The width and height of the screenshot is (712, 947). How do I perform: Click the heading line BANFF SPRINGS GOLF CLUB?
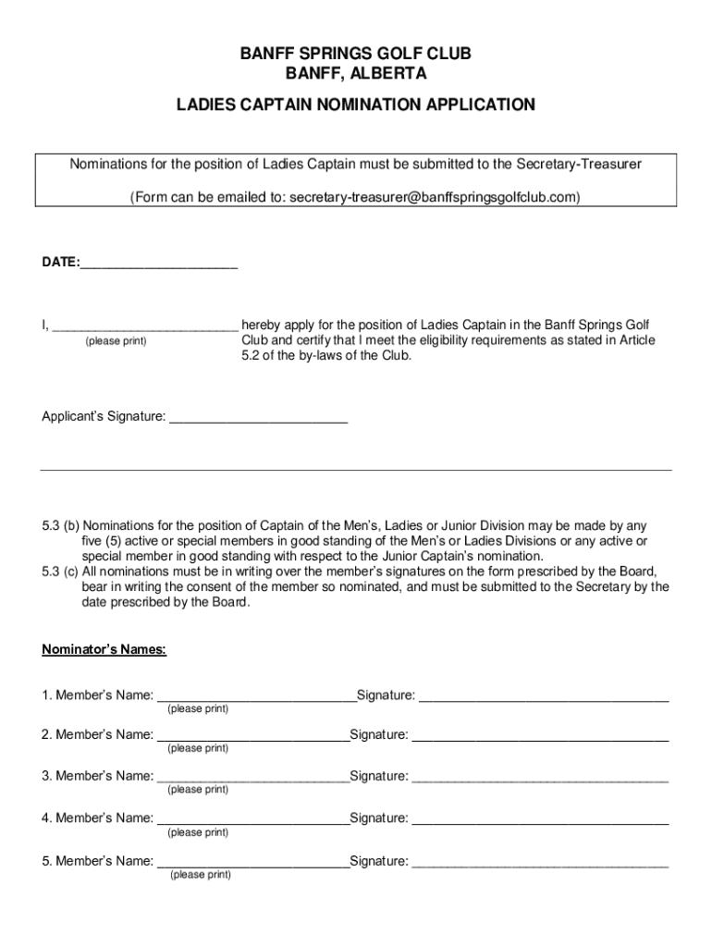pos(356,55)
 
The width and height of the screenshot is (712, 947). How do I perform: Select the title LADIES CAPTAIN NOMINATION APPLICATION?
pos(356,105)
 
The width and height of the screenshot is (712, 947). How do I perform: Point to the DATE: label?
pos(60,263)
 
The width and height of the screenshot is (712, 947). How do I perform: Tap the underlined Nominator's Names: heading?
pos(104,649)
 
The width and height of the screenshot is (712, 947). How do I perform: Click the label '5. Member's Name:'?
pos(97,862)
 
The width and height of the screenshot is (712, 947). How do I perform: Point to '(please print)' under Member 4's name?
pos(198,832)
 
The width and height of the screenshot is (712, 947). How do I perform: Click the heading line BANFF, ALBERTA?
pos(356,74)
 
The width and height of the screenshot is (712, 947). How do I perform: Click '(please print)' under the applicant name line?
pos(116,341)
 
